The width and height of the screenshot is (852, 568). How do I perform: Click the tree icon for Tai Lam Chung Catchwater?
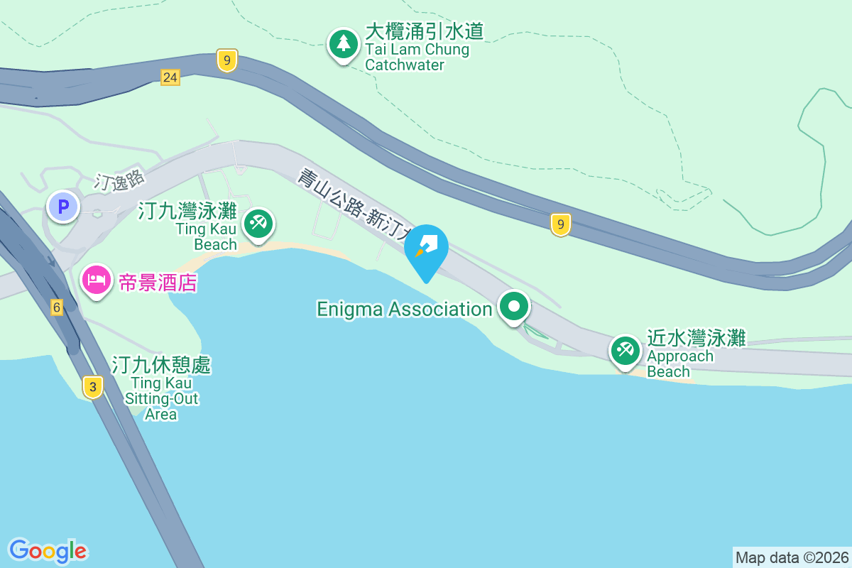(x=344, y=44)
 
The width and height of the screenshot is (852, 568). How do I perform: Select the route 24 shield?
(x=170, y=77)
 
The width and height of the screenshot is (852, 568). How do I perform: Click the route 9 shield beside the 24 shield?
(x=226, y=61)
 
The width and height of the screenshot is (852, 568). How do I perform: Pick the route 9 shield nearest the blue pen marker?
(x=560, y=225)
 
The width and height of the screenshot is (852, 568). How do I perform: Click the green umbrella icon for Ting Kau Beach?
(x=258, y=224)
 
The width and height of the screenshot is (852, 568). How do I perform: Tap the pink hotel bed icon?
(x=96, y=280)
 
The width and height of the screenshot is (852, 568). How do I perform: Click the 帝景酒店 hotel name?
(x=158, y=283)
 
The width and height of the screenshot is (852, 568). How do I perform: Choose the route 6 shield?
(x=57, y=307)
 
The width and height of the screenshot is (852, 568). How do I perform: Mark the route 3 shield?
(x=92, y=387)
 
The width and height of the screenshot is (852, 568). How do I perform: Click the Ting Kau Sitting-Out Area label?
(x=161, y=389)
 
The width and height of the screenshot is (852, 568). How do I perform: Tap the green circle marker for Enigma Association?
(x=514, y=307)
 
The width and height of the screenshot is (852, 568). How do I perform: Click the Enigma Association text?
(x=404, y=309)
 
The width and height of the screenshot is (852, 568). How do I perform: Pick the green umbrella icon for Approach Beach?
(x=625, y=350)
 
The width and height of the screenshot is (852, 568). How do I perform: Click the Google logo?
(x=48, y=551)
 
